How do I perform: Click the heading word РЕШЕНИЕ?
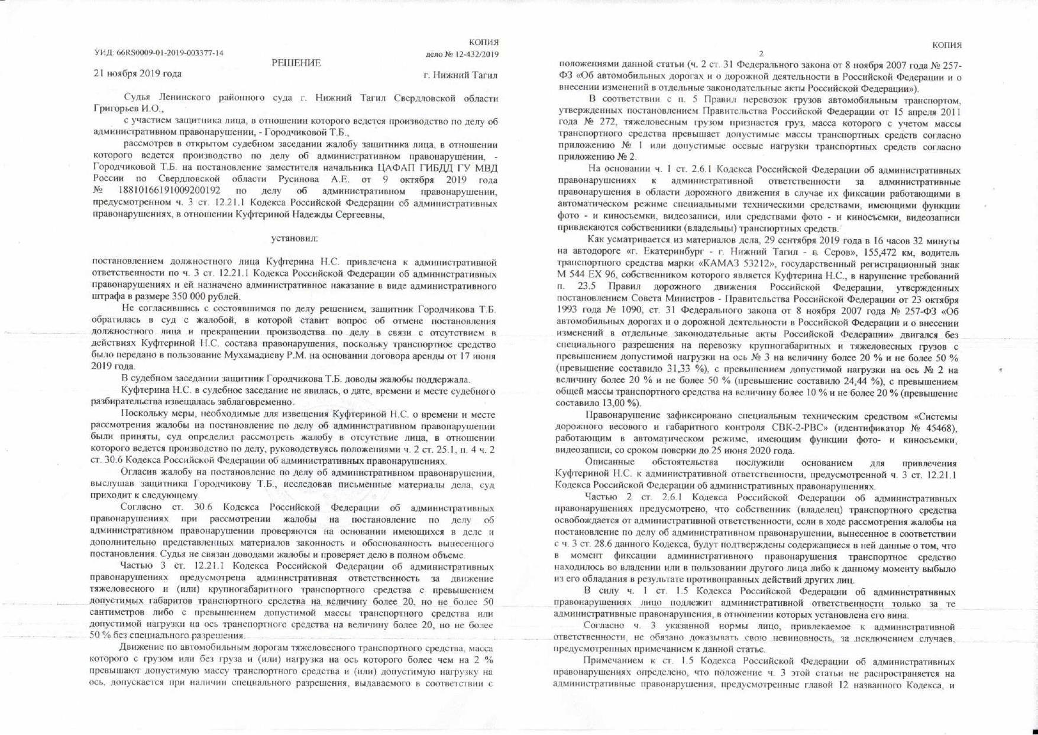point(296,63)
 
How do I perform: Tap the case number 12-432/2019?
point(474,54)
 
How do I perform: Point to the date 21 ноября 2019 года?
point(137,74)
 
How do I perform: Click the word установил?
point(294,238)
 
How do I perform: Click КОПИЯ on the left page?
point(484,42)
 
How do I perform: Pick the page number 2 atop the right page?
point(761,54)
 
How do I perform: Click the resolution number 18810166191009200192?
point(170,192)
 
